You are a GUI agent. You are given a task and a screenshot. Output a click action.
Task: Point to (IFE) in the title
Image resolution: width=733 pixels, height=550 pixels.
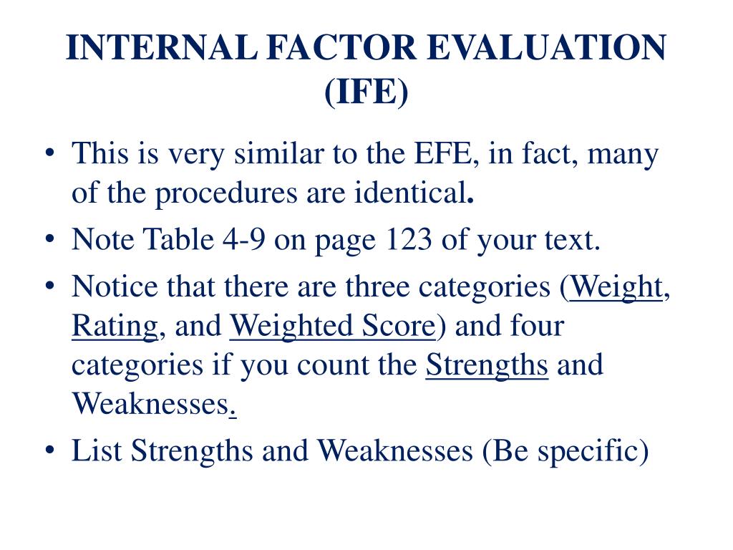366,92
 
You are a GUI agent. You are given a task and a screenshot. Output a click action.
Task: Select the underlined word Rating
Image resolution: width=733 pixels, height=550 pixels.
115,326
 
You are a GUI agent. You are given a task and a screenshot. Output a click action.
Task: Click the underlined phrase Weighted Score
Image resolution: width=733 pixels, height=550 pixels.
332,326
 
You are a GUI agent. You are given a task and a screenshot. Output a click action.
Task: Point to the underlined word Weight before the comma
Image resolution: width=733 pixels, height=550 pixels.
617,287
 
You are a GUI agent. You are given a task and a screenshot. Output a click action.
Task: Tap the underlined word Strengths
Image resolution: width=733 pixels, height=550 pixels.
487,365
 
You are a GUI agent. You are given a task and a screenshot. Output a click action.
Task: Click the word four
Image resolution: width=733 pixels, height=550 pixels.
537,326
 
